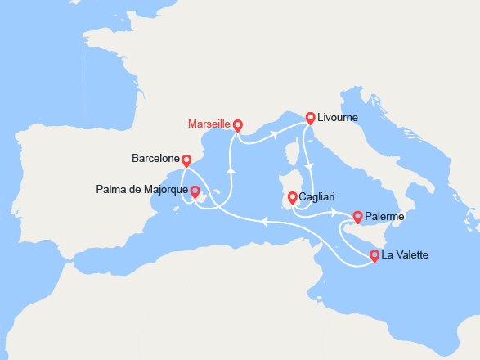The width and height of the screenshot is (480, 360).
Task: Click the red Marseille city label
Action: click(x=209, y=124)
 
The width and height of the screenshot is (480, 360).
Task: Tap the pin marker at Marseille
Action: click(x=237, y=125)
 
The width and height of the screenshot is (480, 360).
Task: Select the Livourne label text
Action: click(x=339, y=117)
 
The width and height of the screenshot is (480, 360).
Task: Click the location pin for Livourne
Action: click(x=311, y=117)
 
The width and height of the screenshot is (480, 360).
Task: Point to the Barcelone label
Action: click(x=155, y=158)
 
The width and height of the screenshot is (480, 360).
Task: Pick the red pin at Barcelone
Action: click(x=186, y=161)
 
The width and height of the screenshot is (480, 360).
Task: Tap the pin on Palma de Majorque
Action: click(x=195, y=191)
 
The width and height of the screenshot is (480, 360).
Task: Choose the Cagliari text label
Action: click(x=317, y=197)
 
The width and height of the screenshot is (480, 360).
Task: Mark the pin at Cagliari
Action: click(x=292, y=197)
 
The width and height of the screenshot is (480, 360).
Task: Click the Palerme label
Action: click(x=384, y=217)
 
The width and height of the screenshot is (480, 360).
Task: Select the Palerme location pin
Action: click(x=357, y=217)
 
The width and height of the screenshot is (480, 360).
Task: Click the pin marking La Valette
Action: click(x=375, y=255)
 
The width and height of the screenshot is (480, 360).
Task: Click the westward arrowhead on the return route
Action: click(x=264, y=220)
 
